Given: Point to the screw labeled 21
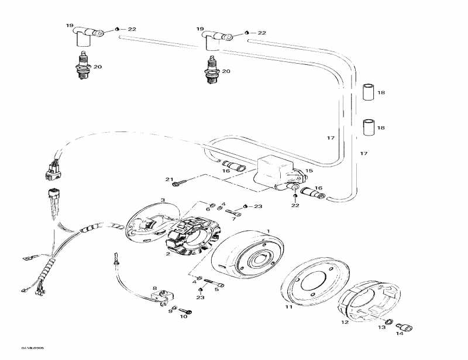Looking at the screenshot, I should tap(183, 182).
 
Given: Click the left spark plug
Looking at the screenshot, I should tap(84, 66).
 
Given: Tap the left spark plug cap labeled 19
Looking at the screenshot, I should tap(84, 36).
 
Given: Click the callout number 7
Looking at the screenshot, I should tap(233, 219).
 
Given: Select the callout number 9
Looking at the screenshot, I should tap(170, 311).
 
